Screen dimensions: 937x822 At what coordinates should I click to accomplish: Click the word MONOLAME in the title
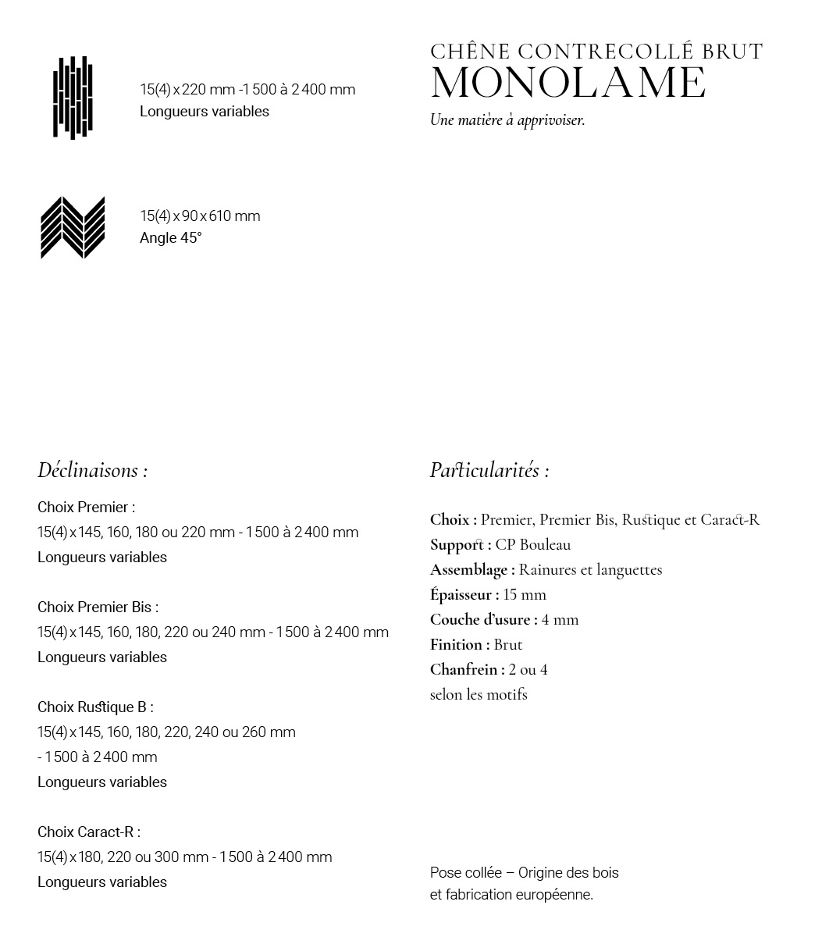[568, 84]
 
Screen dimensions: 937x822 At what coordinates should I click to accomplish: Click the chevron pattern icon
[73, 227]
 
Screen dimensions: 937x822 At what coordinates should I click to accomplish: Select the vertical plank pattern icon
[73, 98]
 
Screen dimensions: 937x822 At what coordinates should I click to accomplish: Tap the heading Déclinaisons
[92, 470]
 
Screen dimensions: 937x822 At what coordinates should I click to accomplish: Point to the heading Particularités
[489, 470]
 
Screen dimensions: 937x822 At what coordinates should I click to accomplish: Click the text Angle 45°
[170, 238]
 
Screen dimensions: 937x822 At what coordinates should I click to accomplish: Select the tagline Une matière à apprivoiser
[507, 120]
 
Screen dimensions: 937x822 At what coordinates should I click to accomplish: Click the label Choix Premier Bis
[98, 607]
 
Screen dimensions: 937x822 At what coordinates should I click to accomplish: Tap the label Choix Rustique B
[95, 707]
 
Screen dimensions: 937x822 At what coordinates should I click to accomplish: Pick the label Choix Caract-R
[88, 832]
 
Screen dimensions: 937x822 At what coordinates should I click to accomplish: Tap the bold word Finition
[459, 644]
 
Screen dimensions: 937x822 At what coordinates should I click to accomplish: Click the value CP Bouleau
[533, 544]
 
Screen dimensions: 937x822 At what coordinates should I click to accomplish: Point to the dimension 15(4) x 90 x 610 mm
[200, 216]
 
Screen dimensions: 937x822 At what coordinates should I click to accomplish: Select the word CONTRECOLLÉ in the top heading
[605, 52]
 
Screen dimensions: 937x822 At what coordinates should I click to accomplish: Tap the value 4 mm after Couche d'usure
[560, 619]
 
